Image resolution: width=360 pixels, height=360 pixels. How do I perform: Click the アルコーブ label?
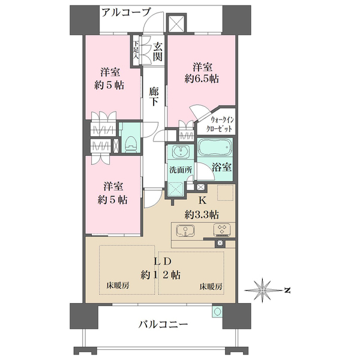(x=125, y=11)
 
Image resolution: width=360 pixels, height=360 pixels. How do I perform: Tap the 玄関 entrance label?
(x=158, y=52)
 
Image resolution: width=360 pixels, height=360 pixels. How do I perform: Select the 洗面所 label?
(x=180, y=170)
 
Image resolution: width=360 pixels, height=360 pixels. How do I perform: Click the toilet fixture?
(x=130, y=143)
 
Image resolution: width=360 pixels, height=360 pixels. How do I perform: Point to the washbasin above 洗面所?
(x=179, y=151)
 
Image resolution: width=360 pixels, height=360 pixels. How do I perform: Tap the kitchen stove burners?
(x=221, y=230)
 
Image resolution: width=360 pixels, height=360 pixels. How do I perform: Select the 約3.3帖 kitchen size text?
(x=201, y=214)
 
